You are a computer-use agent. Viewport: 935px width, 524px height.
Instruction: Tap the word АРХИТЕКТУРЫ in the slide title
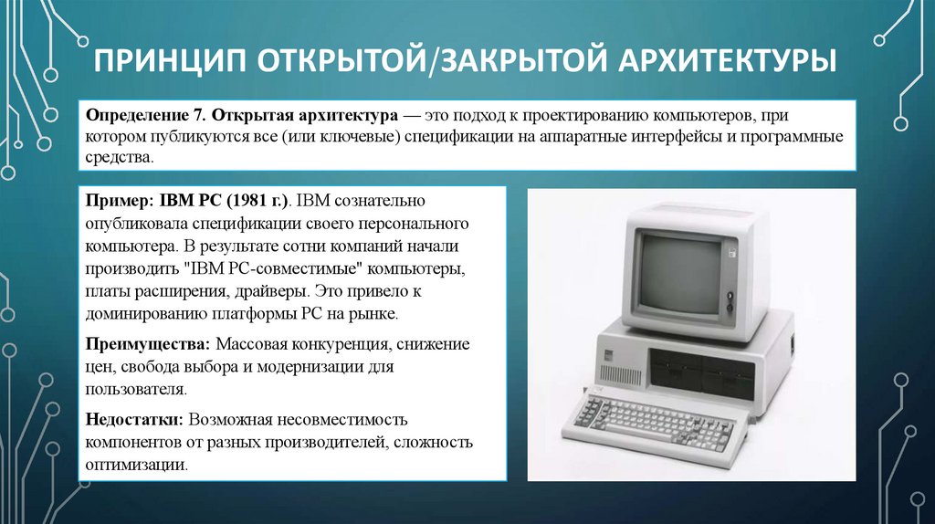coord(727,62)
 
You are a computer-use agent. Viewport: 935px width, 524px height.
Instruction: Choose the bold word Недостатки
coord(135,420)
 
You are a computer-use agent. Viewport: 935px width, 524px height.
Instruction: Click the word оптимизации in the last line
coord(137,465)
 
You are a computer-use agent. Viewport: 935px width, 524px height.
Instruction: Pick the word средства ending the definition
coord(116,158)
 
